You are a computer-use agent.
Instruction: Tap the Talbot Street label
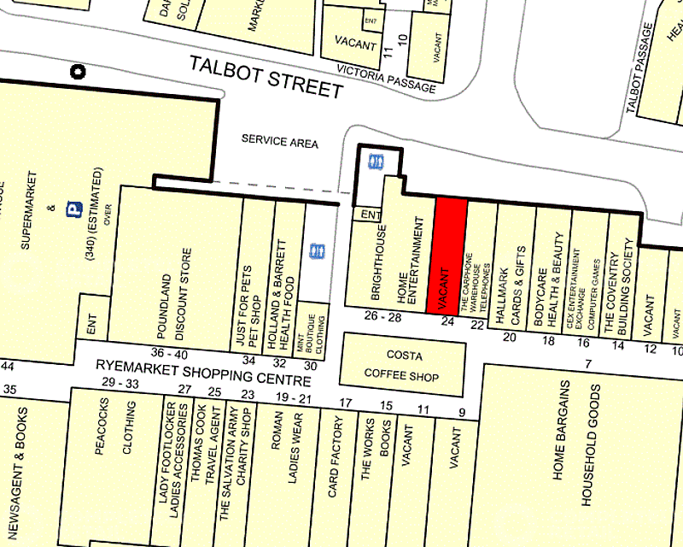[x=266, y=76]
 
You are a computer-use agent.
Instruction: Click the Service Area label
[x=279, y=142]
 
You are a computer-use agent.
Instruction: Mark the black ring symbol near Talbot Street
[x=79, y=73]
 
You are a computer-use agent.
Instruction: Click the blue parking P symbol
[x=73, y=209]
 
